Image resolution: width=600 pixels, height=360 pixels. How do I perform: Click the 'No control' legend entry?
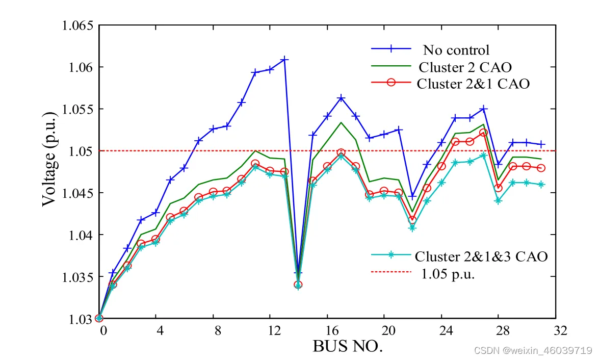(x=456, y=50)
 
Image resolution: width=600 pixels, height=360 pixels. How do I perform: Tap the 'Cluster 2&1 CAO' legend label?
(x=473, y=84)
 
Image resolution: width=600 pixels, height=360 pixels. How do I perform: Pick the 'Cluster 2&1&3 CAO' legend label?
(x=481, y=256)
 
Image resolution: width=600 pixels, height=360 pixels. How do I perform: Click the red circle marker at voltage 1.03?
(x=99, y=318)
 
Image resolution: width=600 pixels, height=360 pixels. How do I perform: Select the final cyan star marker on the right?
(x=541, y=185)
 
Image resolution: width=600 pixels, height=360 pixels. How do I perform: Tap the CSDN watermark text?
(x=532, y=350)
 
